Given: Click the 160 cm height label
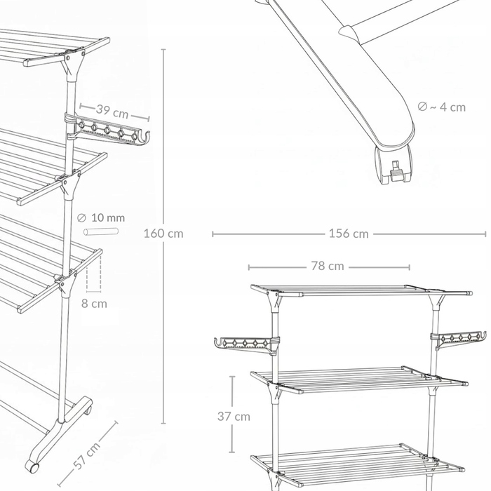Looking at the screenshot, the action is pos(163,234).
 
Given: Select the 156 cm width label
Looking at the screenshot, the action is pos(349,234).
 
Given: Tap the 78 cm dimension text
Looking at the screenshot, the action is pos(328,266).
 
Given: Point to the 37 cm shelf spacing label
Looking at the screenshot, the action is pos(234,417).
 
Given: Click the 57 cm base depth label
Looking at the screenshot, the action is pos(88,456).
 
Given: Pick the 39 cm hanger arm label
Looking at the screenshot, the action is pos(112,111).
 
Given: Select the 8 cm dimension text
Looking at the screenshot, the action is pos(94,304).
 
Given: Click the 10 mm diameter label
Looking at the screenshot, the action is pos(101,217).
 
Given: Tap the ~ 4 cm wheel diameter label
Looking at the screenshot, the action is pos(441,107).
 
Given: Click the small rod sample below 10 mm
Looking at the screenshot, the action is pos(101,231).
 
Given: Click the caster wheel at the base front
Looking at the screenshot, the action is pos(32,466).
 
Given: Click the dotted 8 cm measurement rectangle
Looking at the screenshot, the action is pos(94,275).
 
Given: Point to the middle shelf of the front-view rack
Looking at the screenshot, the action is pos(359,379).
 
